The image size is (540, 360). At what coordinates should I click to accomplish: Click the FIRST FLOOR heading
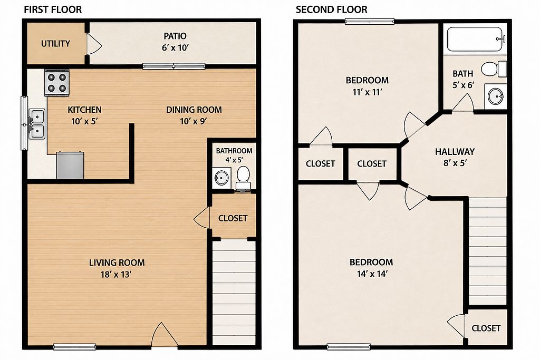tap(53, 9)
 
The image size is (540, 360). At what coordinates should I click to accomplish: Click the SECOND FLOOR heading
tap(331, 9)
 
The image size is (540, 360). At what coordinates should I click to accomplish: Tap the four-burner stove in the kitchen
tap(57, 83)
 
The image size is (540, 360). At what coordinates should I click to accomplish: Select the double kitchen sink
tap(37, 124)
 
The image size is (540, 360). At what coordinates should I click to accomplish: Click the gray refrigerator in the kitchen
tap(70, 166)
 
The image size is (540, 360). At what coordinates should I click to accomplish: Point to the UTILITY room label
tap(55, 44)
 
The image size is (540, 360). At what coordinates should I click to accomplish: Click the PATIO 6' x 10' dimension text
tap(175, 47)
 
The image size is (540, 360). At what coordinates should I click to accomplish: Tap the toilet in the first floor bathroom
tap(244, 178)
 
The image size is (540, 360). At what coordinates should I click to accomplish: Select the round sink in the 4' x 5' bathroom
tap(221, 178)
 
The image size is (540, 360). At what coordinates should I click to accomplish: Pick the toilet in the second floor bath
tap(494, 69)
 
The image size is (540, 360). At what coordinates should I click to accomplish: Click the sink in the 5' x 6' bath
tap(496, 96)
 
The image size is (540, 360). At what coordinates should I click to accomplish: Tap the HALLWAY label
tap(455, 151)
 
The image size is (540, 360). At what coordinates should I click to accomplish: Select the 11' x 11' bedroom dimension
tap(368, 92)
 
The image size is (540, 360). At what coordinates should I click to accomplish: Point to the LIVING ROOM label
tap(117, 262)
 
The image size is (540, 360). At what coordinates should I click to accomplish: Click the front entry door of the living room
tap(165, 335)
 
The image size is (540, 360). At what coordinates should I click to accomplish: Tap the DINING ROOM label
tap(194, 110)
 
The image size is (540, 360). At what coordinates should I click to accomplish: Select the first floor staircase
tap(234, 293)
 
